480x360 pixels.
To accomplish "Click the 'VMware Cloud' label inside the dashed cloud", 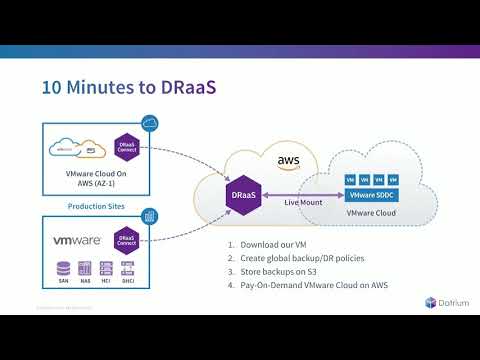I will click(369, 214).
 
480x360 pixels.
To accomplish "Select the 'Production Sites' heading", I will click(95, 207).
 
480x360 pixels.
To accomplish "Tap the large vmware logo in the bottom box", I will click(76, 241).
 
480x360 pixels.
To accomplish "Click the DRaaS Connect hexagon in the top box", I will click(126, 149).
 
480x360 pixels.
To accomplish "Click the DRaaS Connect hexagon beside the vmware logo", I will click(126, 241).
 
